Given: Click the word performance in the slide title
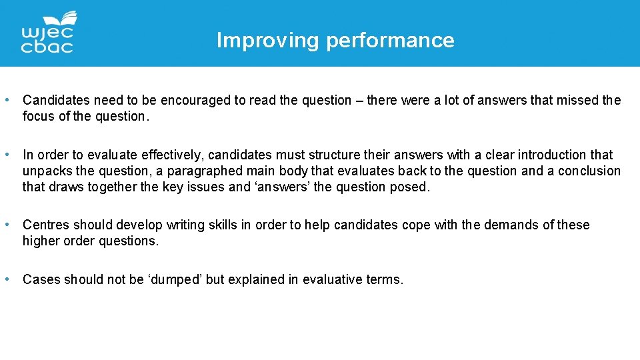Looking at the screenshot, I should coord(390,41).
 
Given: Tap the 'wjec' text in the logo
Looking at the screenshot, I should coord(47,33).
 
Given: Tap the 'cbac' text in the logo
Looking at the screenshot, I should coord(47,47).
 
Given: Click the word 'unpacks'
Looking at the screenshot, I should coord(47,171).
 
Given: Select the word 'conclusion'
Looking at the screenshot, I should coord(583,171).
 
